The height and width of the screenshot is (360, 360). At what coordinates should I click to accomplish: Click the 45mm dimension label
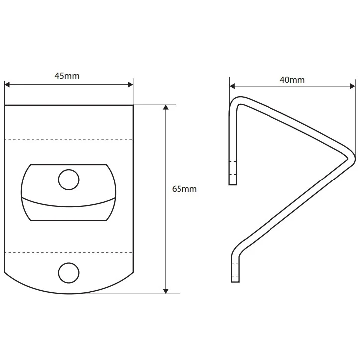tap(67, 76)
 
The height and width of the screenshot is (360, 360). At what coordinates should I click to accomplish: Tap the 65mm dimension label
tap(184, 189)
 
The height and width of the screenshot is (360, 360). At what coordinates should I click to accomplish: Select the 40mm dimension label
tap(292, 80)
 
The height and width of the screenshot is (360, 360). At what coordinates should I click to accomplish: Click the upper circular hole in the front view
tap(69, 180)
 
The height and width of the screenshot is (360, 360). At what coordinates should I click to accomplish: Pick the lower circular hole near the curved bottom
tap(69, 273)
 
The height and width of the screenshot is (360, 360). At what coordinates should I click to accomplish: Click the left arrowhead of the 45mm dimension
tap(7, 85)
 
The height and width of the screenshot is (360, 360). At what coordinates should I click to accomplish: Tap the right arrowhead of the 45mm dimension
tap(130, 85)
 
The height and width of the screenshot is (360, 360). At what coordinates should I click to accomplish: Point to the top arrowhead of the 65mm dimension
tap(166, 108)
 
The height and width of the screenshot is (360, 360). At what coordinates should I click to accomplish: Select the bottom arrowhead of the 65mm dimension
tap(166, 291)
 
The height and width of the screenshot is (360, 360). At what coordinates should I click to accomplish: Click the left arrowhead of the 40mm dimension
tap(232, 86)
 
